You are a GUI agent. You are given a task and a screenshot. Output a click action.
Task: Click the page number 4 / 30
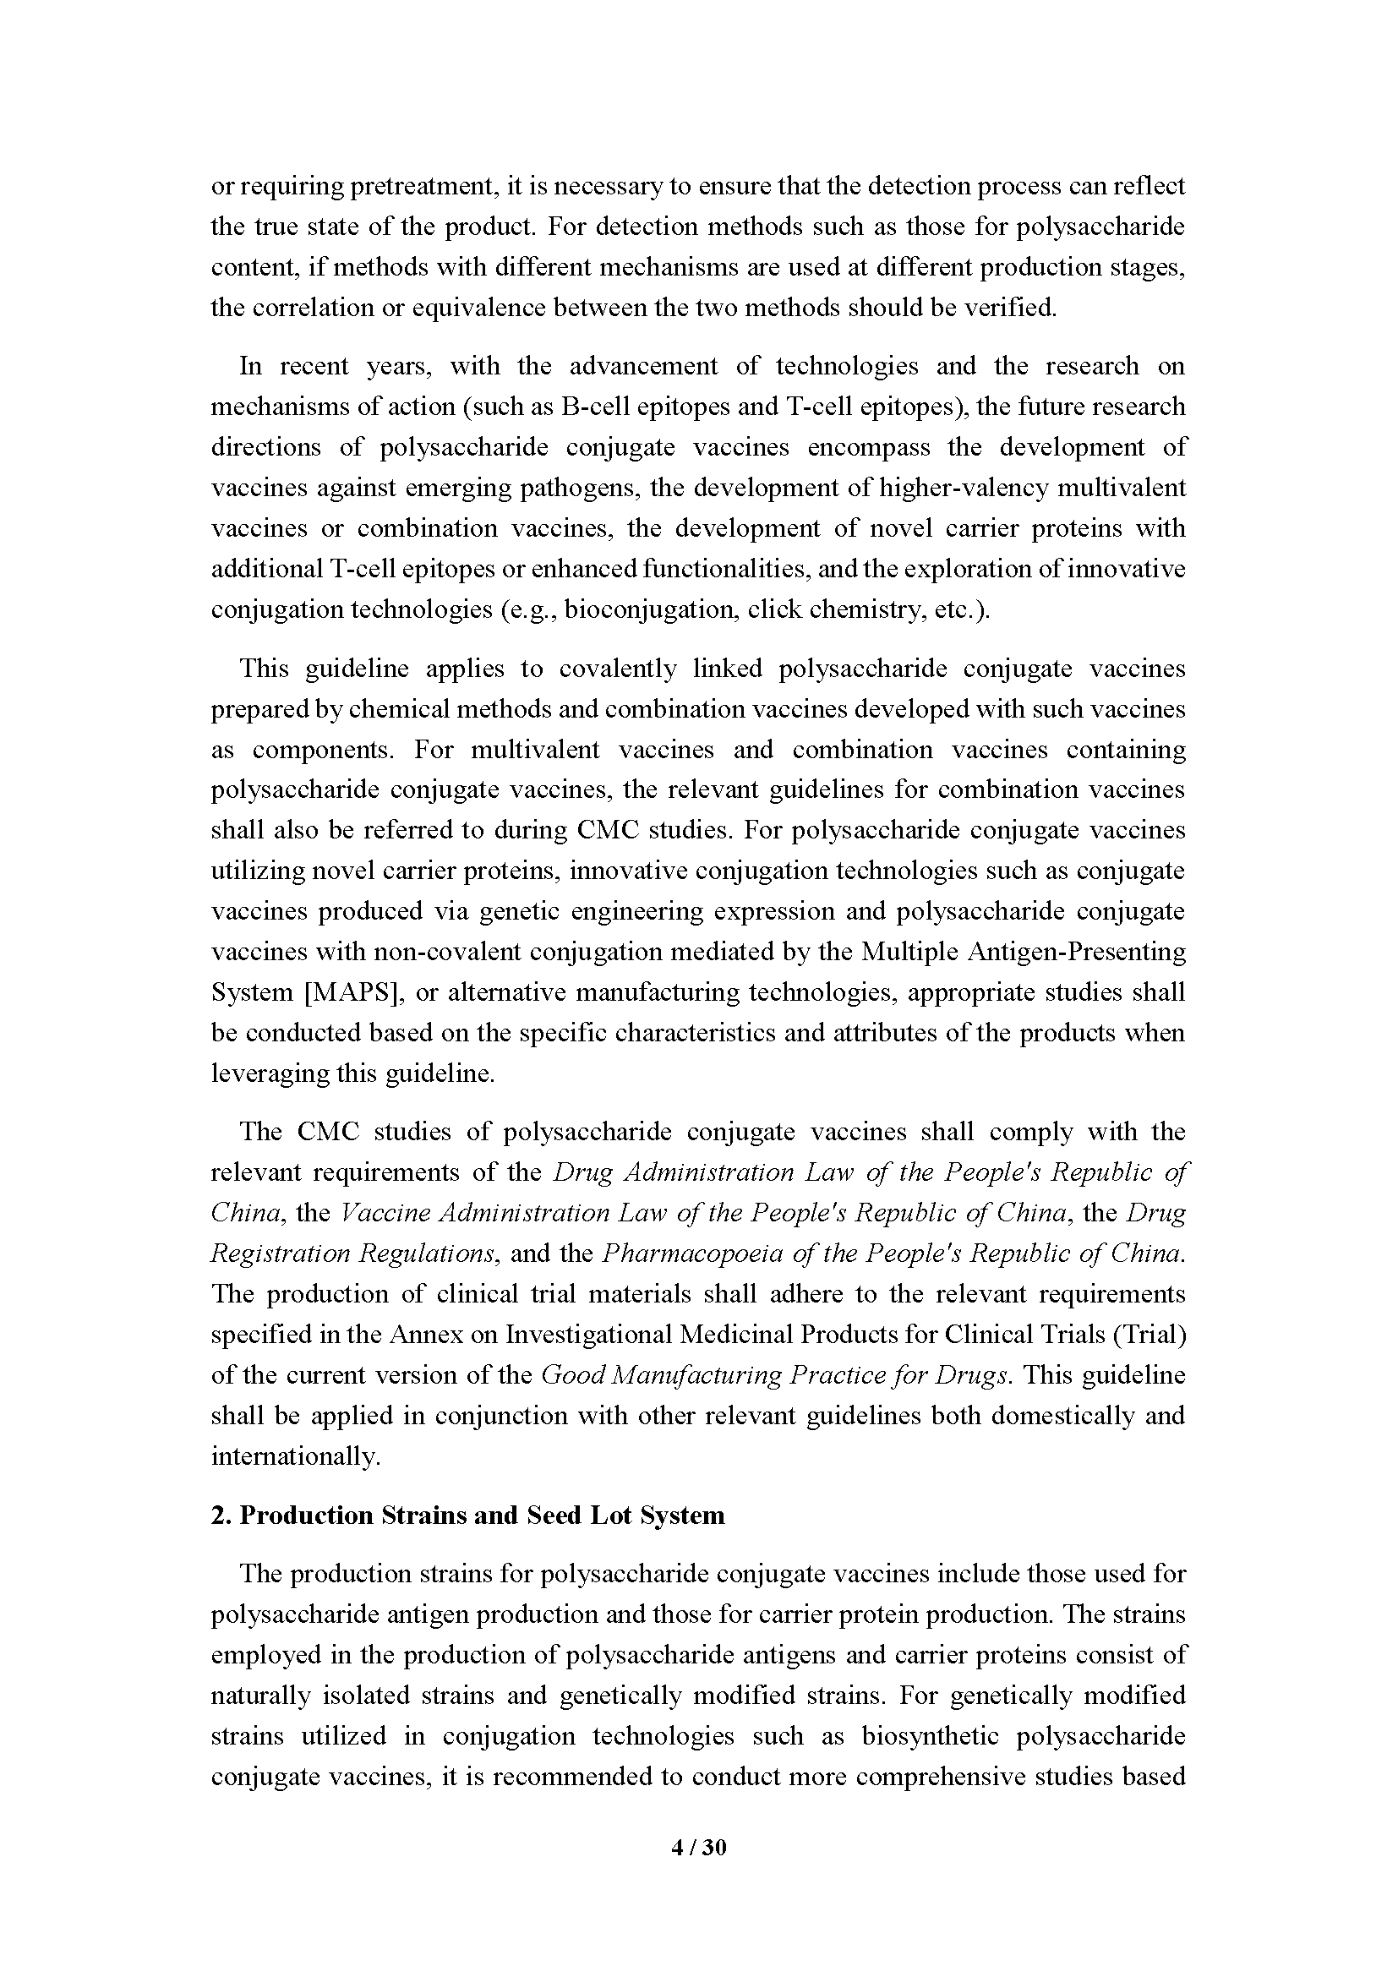698,1846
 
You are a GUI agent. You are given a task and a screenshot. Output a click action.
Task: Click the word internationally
294,1456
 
